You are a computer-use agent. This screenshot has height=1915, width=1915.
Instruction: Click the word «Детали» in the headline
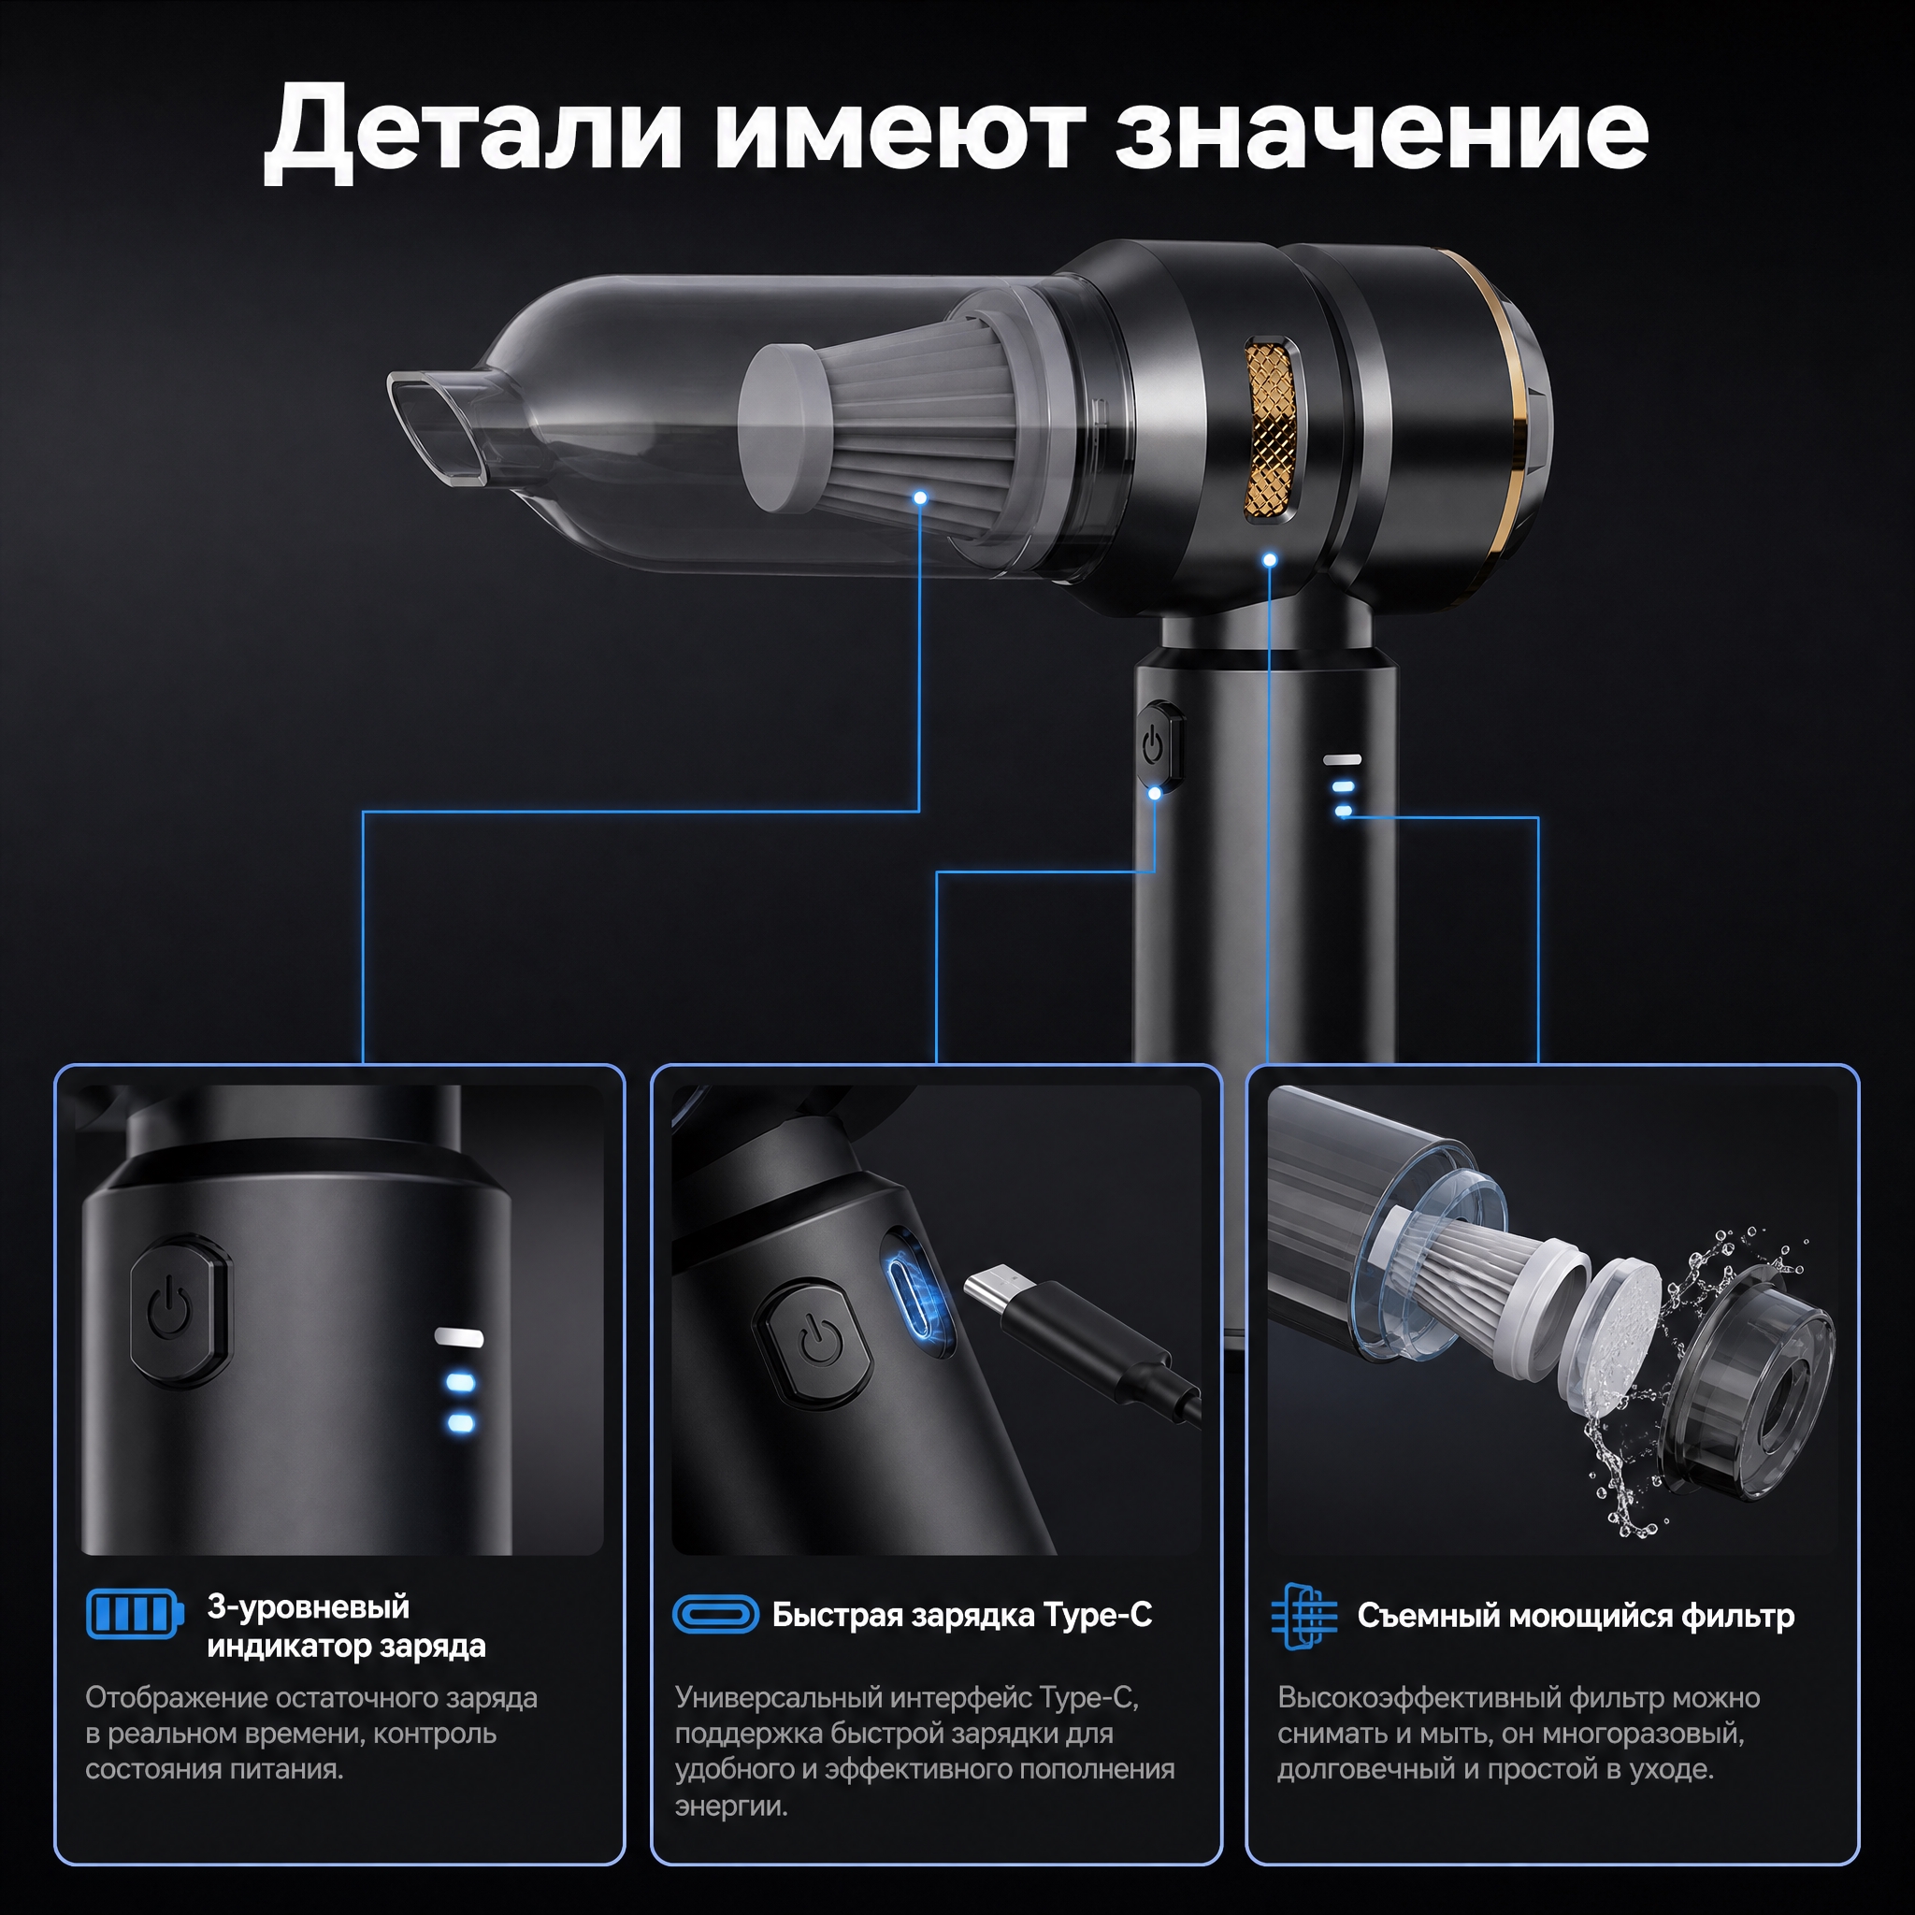click(473, 132)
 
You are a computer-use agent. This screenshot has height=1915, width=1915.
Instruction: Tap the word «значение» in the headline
click(1382, 132)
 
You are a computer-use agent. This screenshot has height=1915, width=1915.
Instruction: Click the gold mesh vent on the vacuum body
click(1272, 430)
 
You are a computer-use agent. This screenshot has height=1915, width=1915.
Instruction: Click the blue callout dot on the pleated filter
click(921, 497)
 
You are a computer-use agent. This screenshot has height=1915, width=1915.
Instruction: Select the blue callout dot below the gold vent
click(1270, 560)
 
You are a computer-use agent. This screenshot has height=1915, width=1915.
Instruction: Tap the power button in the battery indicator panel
click(180, 1310)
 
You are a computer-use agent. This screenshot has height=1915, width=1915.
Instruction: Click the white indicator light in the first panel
click(459, 1337)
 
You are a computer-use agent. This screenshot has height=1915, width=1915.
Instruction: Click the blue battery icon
click(135, 1615)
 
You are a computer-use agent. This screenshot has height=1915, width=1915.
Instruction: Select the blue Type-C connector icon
click(715, 1615)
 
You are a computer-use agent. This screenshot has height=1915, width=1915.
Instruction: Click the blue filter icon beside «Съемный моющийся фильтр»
click(1303, 1616)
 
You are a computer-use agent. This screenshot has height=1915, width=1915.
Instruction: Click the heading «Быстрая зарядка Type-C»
click(961, 1615)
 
